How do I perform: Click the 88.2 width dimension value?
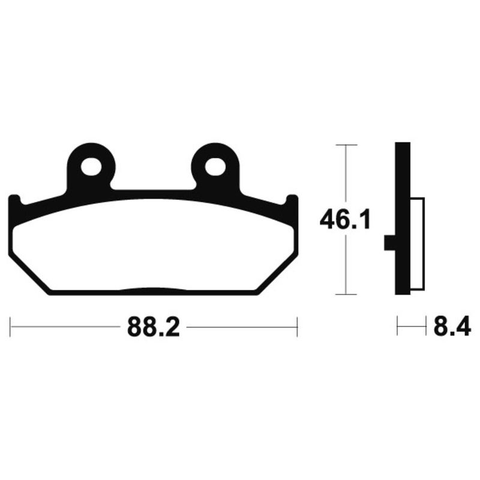(153, 328)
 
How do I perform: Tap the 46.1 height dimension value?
(344, 220)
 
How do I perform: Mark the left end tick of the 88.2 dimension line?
(11, 328)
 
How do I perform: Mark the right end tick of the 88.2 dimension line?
(297, 328)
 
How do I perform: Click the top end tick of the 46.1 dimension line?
(346, 145)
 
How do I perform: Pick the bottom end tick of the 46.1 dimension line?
(346, 294)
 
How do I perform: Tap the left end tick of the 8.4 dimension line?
(397, 328)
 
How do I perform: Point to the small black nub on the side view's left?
(388, 242)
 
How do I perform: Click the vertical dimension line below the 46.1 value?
(346, 264)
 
